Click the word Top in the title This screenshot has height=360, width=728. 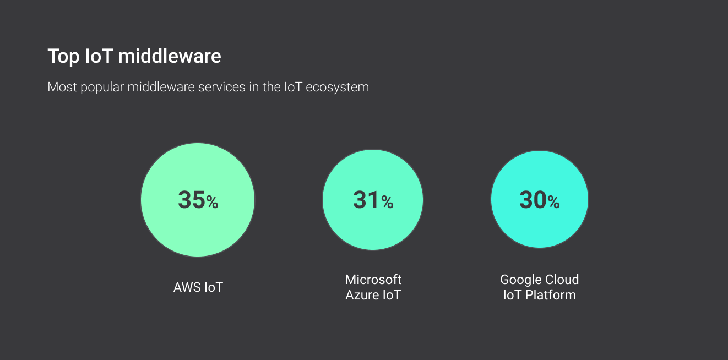coord(63,57)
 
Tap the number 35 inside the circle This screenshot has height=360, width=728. coord(191,200)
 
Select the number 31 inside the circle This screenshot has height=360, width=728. coord(366,200)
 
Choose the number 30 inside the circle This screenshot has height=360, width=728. coord(533,200)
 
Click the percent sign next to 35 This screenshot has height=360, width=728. coord(213,203)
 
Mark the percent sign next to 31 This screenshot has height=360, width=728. coord(387,203)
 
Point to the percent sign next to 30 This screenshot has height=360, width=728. coord(553,203)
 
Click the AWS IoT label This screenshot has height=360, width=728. coord(198,287)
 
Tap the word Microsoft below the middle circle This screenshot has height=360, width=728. coord(373,280)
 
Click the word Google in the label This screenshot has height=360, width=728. coord(520,280)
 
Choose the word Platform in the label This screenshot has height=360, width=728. coord(550,295)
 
